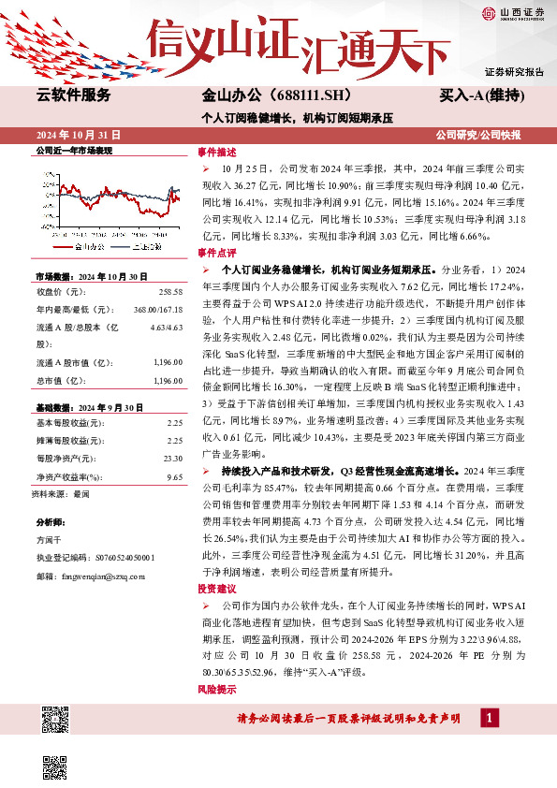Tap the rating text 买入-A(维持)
click(481, 95)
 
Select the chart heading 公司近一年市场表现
click(73, 150)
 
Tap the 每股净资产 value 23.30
click(172, 459)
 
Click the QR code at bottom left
click(56, 722)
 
